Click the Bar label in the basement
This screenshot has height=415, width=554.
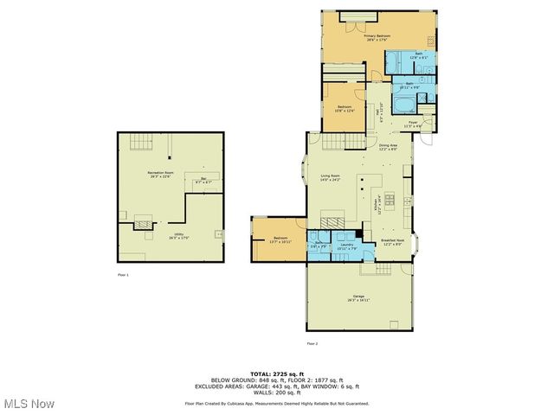(x=203, y=181)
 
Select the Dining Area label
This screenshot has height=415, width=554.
(x=387, y=146)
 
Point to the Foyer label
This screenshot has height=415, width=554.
(x=413, y=124)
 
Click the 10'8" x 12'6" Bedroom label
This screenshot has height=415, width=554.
(x=345, y=109)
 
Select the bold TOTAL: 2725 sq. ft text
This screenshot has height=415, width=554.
(x=276, y=373)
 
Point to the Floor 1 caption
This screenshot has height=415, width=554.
(x=123, y=274)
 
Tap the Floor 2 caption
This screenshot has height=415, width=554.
(x=310, y=343)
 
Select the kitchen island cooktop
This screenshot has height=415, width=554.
(x=388, y=201)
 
